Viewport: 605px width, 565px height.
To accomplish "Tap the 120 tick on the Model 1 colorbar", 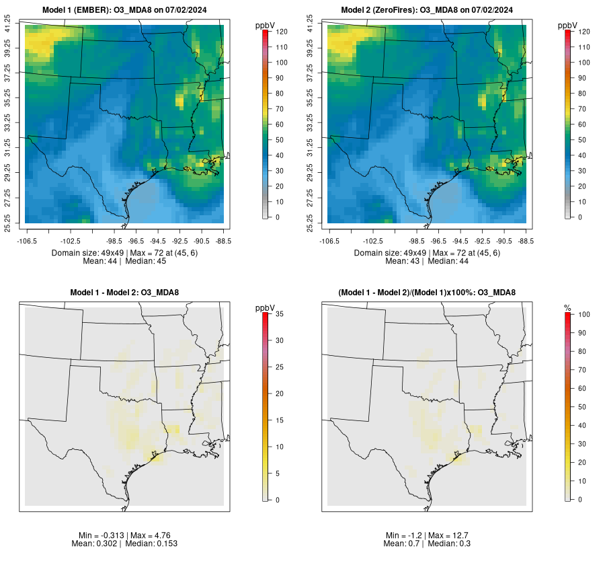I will point(282,32).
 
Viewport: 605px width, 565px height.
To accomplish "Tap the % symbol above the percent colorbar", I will point(567,308).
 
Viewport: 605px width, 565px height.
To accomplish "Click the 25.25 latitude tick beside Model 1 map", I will point(7,223).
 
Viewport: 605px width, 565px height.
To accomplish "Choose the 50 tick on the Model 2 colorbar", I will point(582,140).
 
